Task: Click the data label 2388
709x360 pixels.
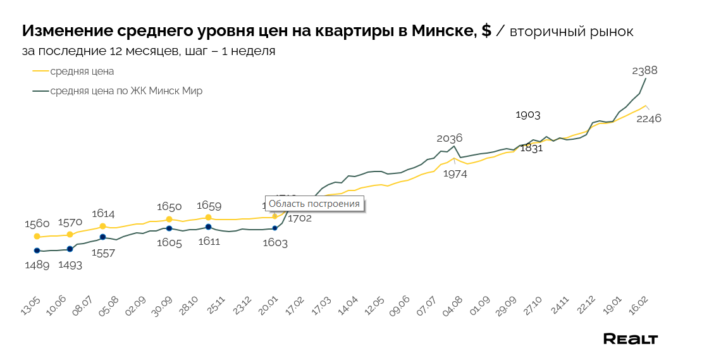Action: tap(644, 71)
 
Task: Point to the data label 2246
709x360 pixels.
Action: tap(648, 118)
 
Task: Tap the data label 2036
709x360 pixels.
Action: tap(450, 138)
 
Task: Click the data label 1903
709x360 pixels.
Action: tap(527, 115)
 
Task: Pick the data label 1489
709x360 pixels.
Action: tap(37, 265)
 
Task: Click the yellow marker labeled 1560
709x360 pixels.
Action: tap(37, 236)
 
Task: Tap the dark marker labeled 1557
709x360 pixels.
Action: tap(102, 237)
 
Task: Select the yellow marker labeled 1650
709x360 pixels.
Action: tap(169, 220)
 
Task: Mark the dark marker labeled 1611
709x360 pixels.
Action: tap(208, 227)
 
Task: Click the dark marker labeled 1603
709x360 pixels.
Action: tap(274, 228)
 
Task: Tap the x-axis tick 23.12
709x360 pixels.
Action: tap(242, 310)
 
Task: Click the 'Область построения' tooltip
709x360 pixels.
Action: tap(314, 204)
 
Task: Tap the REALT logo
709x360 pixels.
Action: tap(630, 339)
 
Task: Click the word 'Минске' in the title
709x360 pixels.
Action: tap(441, 31)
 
